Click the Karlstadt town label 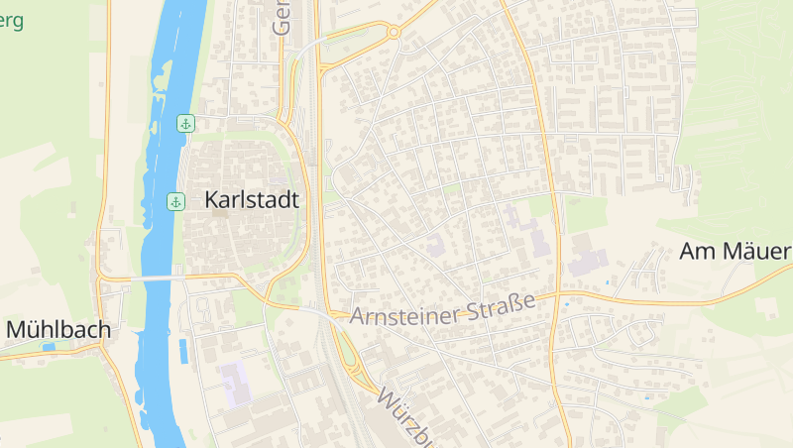[x=251, y=199]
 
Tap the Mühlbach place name [x=57, y=329]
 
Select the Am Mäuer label [x=736, y=252]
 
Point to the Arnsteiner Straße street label [x=442, y=308]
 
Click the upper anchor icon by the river [x=184, y=123]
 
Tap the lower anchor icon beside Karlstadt [x=175, y=202]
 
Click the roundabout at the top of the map [x=394, y=33]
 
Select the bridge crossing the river [x=149, y=279]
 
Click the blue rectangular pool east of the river [x=183, y=349]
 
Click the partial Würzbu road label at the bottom [x=405, y=416]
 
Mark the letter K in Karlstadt [x=212, y=199]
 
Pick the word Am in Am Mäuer [x=697, y=252]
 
